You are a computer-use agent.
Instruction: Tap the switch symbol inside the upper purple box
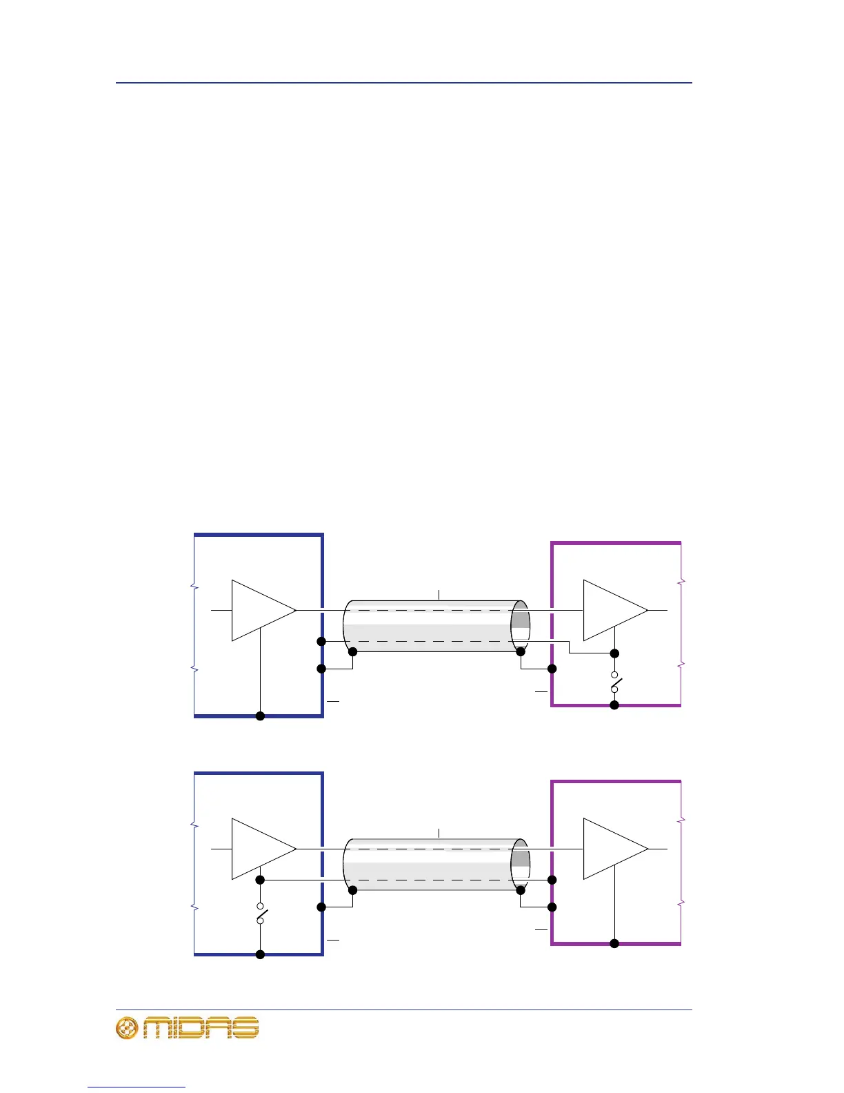click(x=614, y=683)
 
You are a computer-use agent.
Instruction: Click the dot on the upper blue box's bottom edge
click(x=260, y=716)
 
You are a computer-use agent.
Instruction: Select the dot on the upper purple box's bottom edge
click(x=614, y=705)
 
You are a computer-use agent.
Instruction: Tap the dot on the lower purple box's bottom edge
click(x=614, y=944)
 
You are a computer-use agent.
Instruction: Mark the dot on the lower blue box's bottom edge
click(x=260, y=955)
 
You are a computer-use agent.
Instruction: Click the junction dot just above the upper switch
click(x=614, y=653)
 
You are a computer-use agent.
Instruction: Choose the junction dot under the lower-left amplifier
click(x=260, y=880)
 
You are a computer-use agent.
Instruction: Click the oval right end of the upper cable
click(x=521, y=626)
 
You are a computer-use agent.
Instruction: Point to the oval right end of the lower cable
click(x=521, y=865)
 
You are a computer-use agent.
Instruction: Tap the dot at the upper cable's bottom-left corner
click(x=352, y=651)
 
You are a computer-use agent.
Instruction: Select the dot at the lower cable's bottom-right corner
click(x=521, y=890)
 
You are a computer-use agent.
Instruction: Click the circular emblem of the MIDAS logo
click(x=127, y=1028)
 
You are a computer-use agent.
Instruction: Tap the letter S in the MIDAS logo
click(x=245, y=1028)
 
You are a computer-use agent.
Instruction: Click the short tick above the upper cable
click(x=439, y=594)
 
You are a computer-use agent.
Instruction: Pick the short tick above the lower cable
click(x=439, y=833)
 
